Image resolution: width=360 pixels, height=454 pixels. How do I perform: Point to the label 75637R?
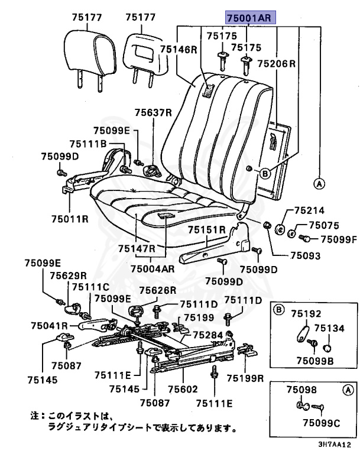(153, 112)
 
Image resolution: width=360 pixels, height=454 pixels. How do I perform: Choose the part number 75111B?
(87, 144)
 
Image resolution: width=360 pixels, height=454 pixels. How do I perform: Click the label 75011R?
(69, 218)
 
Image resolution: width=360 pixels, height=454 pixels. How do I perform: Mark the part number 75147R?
(137, 248)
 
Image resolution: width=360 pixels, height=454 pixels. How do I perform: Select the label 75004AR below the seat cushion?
(153, 268)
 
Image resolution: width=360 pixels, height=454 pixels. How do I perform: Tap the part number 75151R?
(207, 230)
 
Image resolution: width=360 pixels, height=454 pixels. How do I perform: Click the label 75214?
(309, 210)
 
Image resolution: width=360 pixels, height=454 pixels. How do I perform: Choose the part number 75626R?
(158, 290)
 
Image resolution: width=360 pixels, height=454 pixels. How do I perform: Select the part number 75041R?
(50, 326)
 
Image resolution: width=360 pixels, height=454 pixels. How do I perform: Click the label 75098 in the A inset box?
(301, 390)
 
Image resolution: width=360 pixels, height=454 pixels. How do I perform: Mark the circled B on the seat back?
(265, 173)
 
